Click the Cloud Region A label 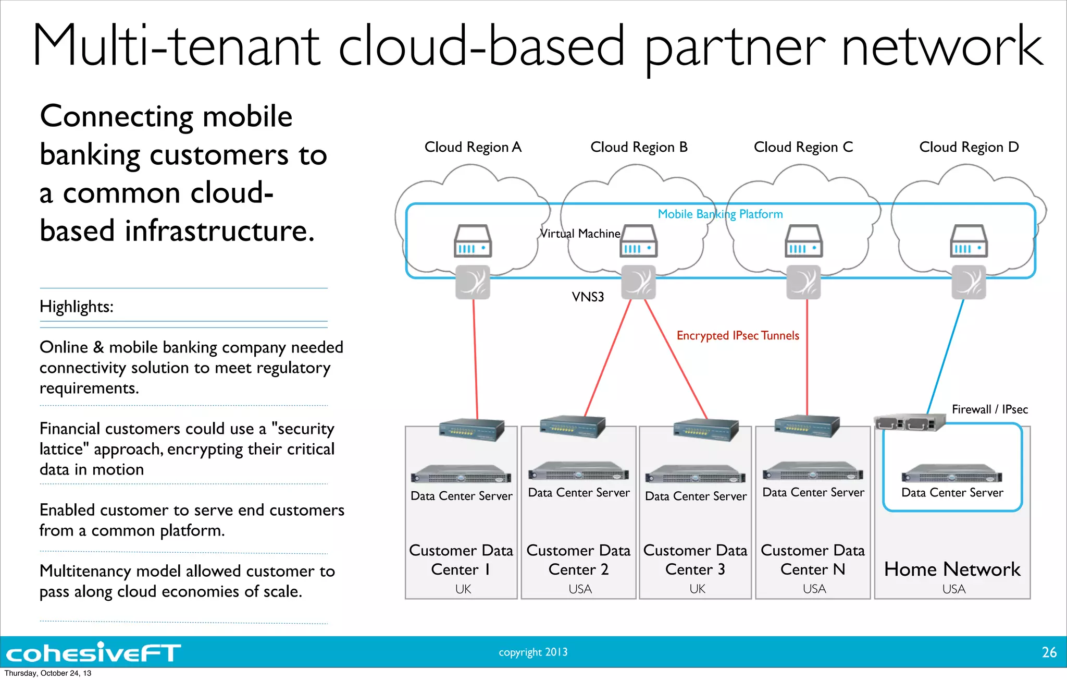pos(473,148)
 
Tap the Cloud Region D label pos(969,148)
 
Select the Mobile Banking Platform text pos(720,214)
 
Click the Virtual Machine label pos(580,234)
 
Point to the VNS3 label pos(588,297)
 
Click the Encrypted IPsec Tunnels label pos(737,335)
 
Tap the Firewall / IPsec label pos(989,409)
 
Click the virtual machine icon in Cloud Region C pos(803,241)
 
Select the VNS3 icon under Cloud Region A pos(473,282)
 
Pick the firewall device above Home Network pos(909,422)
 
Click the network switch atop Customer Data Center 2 pos(572,427)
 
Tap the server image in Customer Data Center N pos(813,471)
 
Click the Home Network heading pos(952,569)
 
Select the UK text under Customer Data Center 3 pos(697,589)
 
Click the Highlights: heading pos(77,307)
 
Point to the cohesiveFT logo pos(94,653)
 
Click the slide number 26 pos(1049,652)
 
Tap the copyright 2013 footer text pos(533,652)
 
